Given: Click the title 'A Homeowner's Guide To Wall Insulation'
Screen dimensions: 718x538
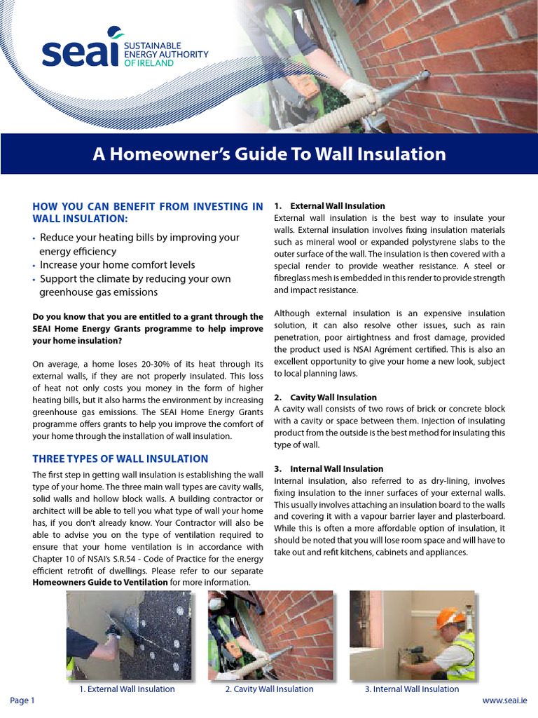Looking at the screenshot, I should coord(269,154).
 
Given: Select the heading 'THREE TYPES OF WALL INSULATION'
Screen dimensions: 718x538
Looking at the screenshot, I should coord(120,459).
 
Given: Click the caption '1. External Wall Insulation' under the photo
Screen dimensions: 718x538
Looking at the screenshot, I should coord(127,689).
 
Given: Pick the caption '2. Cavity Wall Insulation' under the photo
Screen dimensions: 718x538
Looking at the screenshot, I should coord(269,689).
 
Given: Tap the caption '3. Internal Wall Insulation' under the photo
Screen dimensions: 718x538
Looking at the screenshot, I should coord(412,689).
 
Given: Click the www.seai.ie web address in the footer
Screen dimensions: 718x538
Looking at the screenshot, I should coord(504,701).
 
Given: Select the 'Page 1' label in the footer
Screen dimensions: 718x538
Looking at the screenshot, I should coord(22,701).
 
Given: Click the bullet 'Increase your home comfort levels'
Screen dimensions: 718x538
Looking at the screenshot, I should coord(117,265).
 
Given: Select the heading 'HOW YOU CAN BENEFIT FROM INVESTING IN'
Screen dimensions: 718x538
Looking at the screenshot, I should coord(148,206).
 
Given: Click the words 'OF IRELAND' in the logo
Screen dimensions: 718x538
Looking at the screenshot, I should coord(148,62).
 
